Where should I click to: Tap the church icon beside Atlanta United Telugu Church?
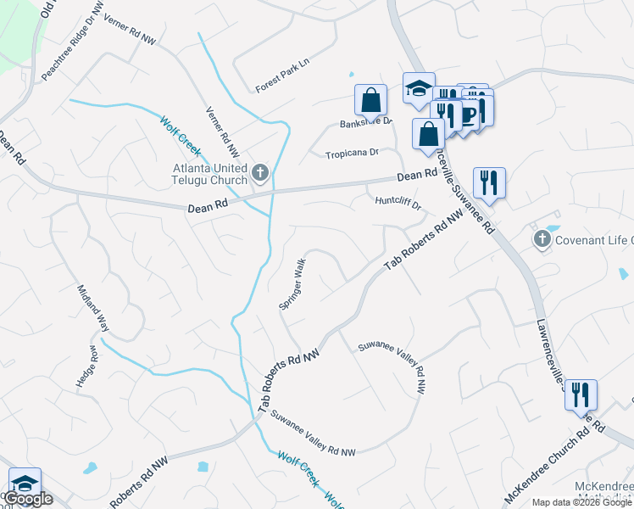click(260, 174)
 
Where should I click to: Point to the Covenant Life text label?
click(594, 240)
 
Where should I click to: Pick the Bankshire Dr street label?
click(366, 122)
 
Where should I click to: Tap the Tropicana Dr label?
click(351, 154)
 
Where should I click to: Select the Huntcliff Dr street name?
click(398, 201)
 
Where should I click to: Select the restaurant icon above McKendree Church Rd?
click(581, 394)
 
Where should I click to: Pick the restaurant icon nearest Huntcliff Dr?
click(488, 182)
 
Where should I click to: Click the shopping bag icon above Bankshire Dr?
click(371, 100)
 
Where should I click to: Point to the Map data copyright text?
click(582, 502)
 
